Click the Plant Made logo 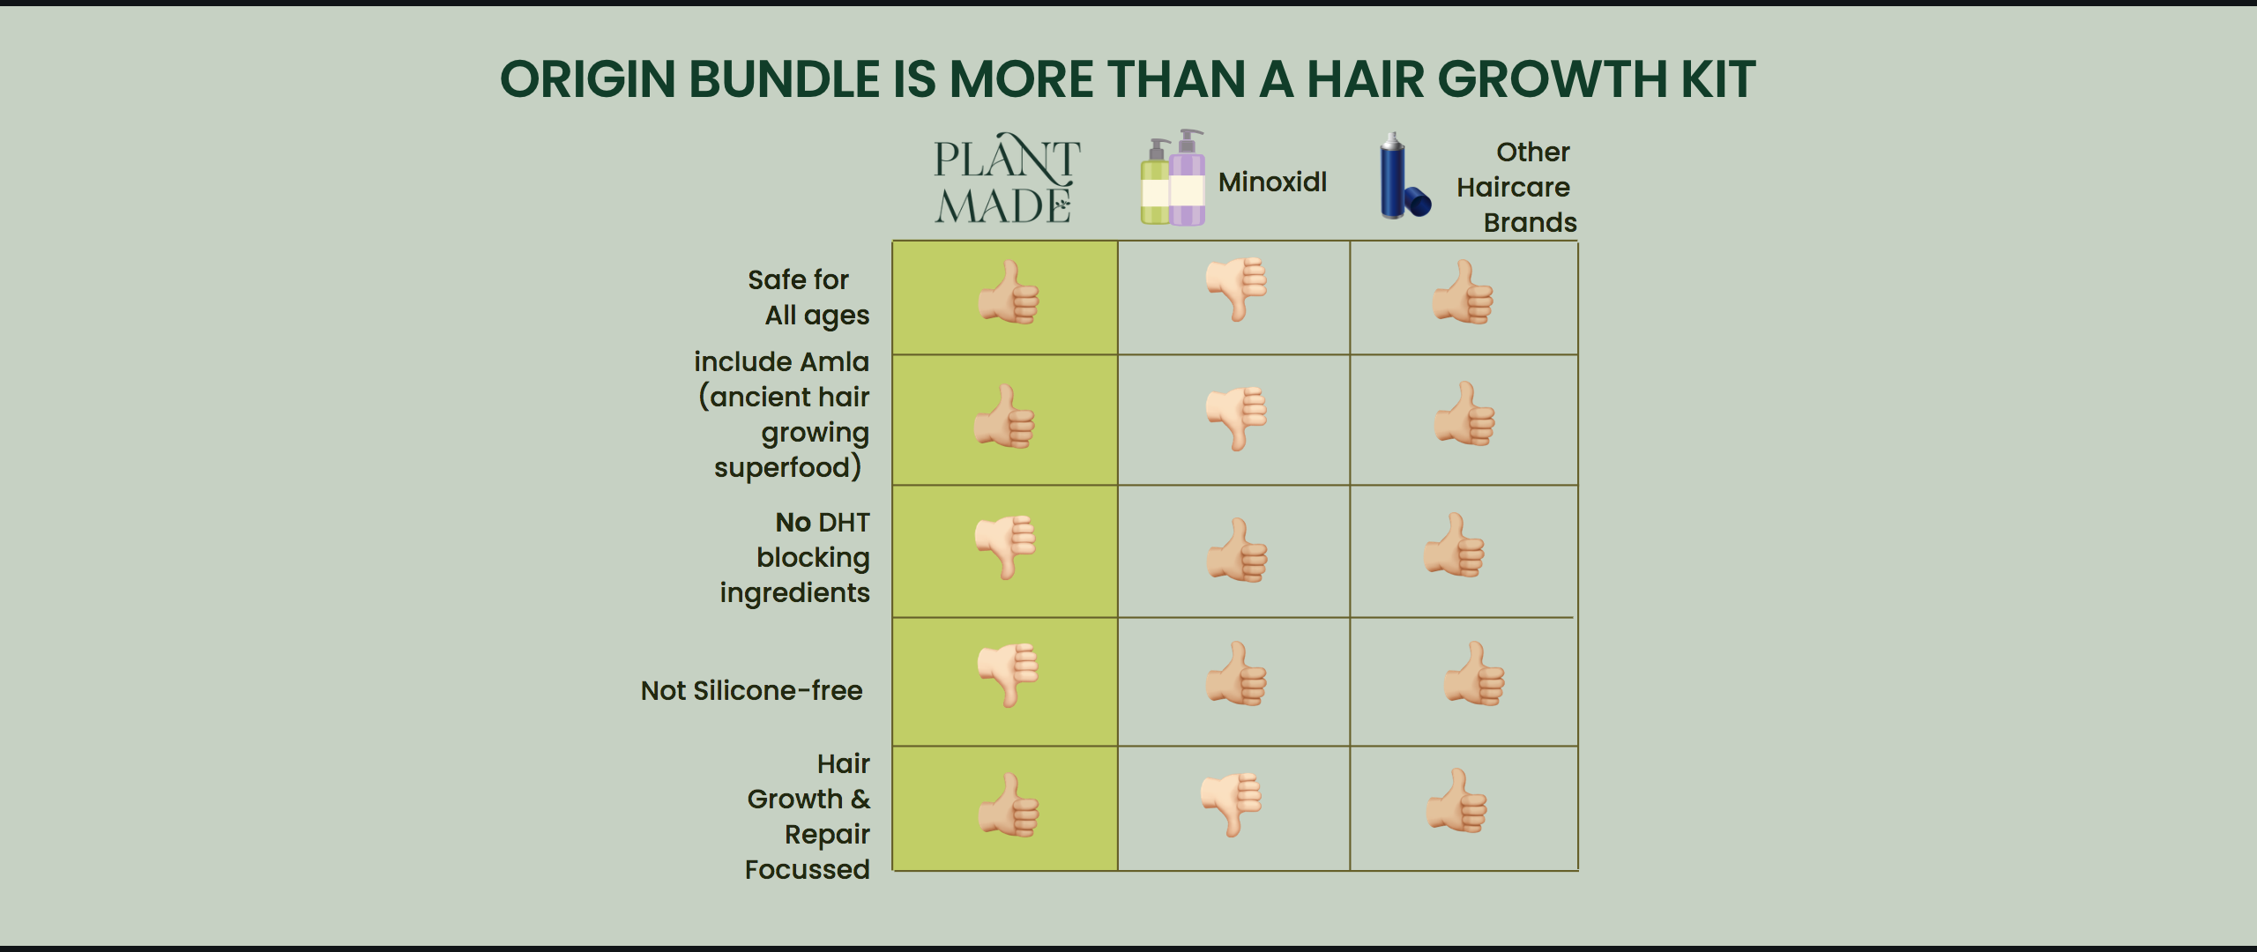click(x=1007, y=178)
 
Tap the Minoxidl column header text click(x=1272, y=182)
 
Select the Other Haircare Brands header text click(x=1516, y=187)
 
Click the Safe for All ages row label click(x=808, y=298)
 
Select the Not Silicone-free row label click(x=752, y=690)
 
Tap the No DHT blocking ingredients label click(x=795, y=558)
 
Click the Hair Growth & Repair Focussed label click(x=808, y=816)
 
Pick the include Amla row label click(x=782, y=415)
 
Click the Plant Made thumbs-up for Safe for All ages click(x=1009, y=292)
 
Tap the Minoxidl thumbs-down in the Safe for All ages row click(x=1237, y=289)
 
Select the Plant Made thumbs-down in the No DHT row click(x=1006, y=547)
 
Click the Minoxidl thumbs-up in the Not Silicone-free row click(x=1236, y=673)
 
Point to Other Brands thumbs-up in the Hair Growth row click(x=1457, y=800)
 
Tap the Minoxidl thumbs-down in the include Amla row click(x=1237, y=419)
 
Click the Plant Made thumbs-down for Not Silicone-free click(x=1009, y=675)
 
